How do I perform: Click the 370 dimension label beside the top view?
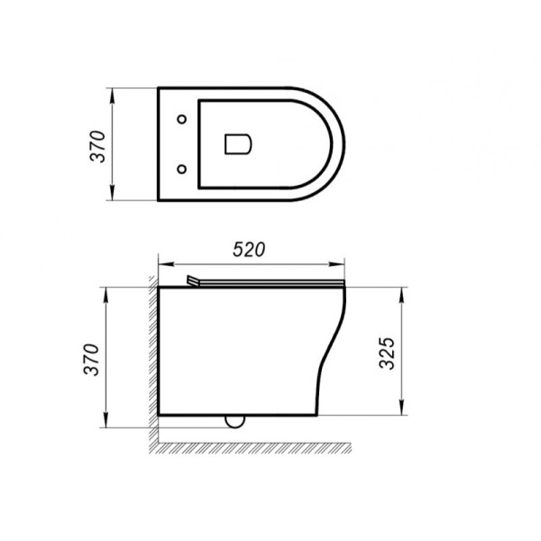(99, 145)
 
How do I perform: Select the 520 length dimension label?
(250, 251)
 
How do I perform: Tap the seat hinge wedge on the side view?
(192, 280)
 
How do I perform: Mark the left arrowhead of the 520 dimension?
(163, 265)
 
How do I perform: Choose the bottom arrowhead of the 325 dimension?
(400, 413)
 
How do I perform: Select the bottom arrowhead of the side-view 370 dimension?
(107, 424)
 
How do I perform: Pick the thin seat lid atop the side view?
(270, 283)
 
